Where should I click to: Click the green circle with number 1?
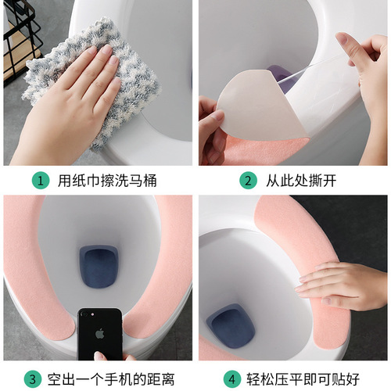tap(38, 180)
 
